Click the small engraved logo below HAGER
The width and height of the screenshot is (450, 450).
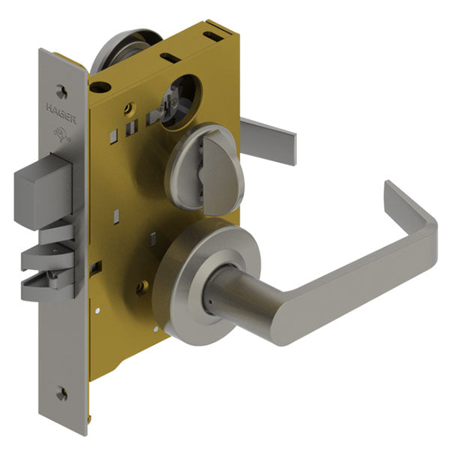(x=58, y=135)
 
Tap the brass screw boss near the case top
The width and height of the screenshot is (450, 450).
(x=130, y=108)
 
